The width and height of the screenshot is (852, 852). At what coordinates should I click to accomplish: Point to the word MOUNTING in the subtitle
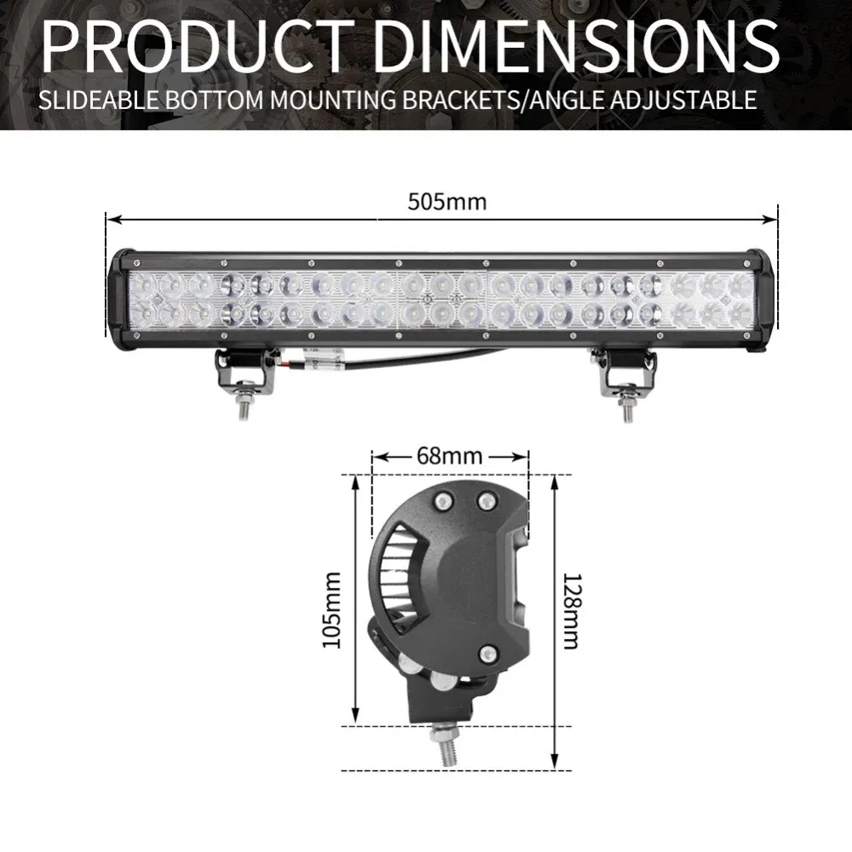338,99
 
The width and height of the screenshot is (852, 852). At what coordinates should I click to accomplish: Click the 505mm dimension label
446,203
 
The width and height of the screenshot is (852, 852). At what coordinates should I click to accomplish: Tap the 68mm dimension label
449,457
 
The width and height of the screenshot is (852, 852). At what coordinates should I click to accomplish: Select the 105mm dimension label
331,609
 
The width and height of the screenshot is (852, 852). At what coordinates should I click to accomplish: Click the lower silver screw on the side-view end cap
486,653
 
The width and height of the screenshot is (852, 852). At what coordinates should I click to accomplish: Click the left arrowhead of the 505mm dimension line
111,217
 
